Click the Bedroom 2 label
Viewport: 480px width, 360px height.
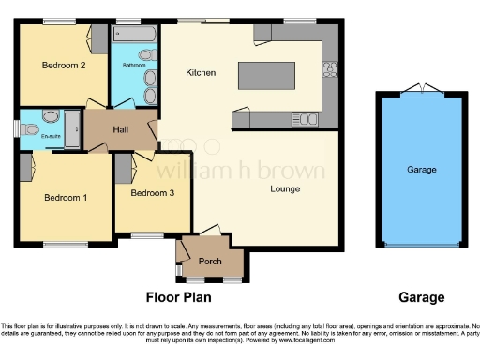pos(65,66)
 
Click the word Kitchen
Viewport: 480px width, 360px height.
pos(201,73)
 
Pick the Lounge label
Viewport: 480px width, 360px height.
pos(285,189)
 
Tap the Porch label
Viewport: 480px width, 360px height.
pos(211,262)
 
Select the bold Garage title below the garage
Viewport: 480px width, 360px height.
pos(421,297)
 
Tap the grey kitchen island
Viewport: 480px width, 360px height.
pos(268,74)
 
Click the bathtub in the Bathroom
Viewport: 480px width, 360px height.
pos(135,34)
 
